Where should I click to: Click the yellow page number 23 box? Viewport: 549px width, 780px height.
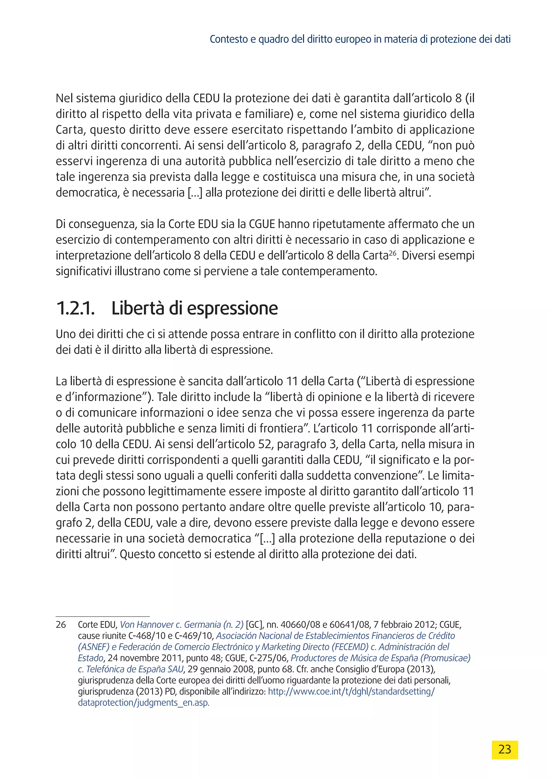click(x=505, y=749)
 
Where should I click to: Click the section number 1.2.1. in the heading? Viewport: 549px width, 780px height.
click(x=75, y=308)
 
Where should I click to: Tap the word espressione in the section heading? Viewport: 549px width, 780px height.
click(x=232, y=308)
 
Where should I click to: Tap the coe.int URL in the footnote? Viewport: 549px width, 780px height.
click(x=351, y=691)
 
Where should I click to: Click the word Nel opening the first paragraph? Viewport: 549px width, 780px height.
click(x=64, y=98)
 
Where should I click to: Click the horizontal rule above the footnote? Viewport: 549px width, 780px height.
click(x=102, y=616)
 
